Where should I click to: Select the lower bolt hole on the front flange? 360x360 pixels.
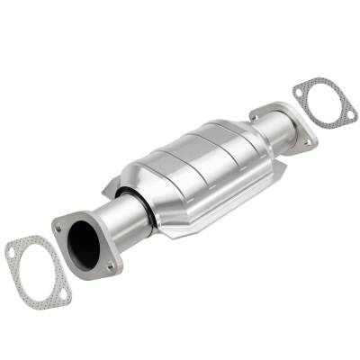click(110, 266)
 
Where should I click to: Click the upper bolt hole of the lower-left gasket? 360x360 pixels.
click(12, 253)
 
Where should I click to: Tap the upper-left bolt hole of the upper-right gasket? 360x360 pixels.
click(298, 90)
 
